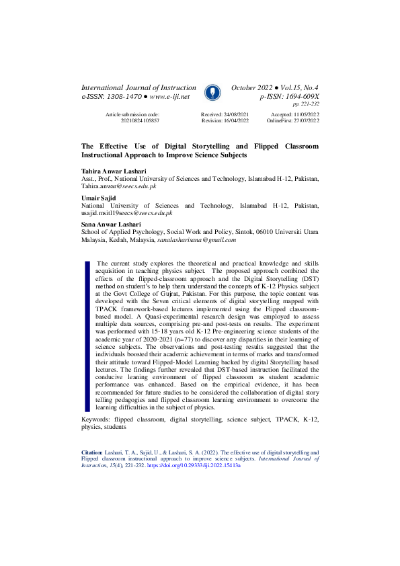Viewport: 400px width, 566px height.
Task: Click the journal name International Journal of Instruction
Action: (x=138, y=88)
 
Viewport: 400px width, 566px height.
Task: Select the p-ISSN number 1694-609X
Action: (x=296, y=97)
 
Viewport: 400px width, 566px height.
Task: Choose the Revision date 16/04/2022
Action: (x=235, y=120)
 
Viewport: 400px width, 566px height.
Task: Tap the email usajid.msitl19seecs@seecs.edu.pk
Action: (x=126, y=214)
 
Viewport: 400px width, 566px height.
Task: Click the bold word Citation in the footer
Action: (x=91, y=453)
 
